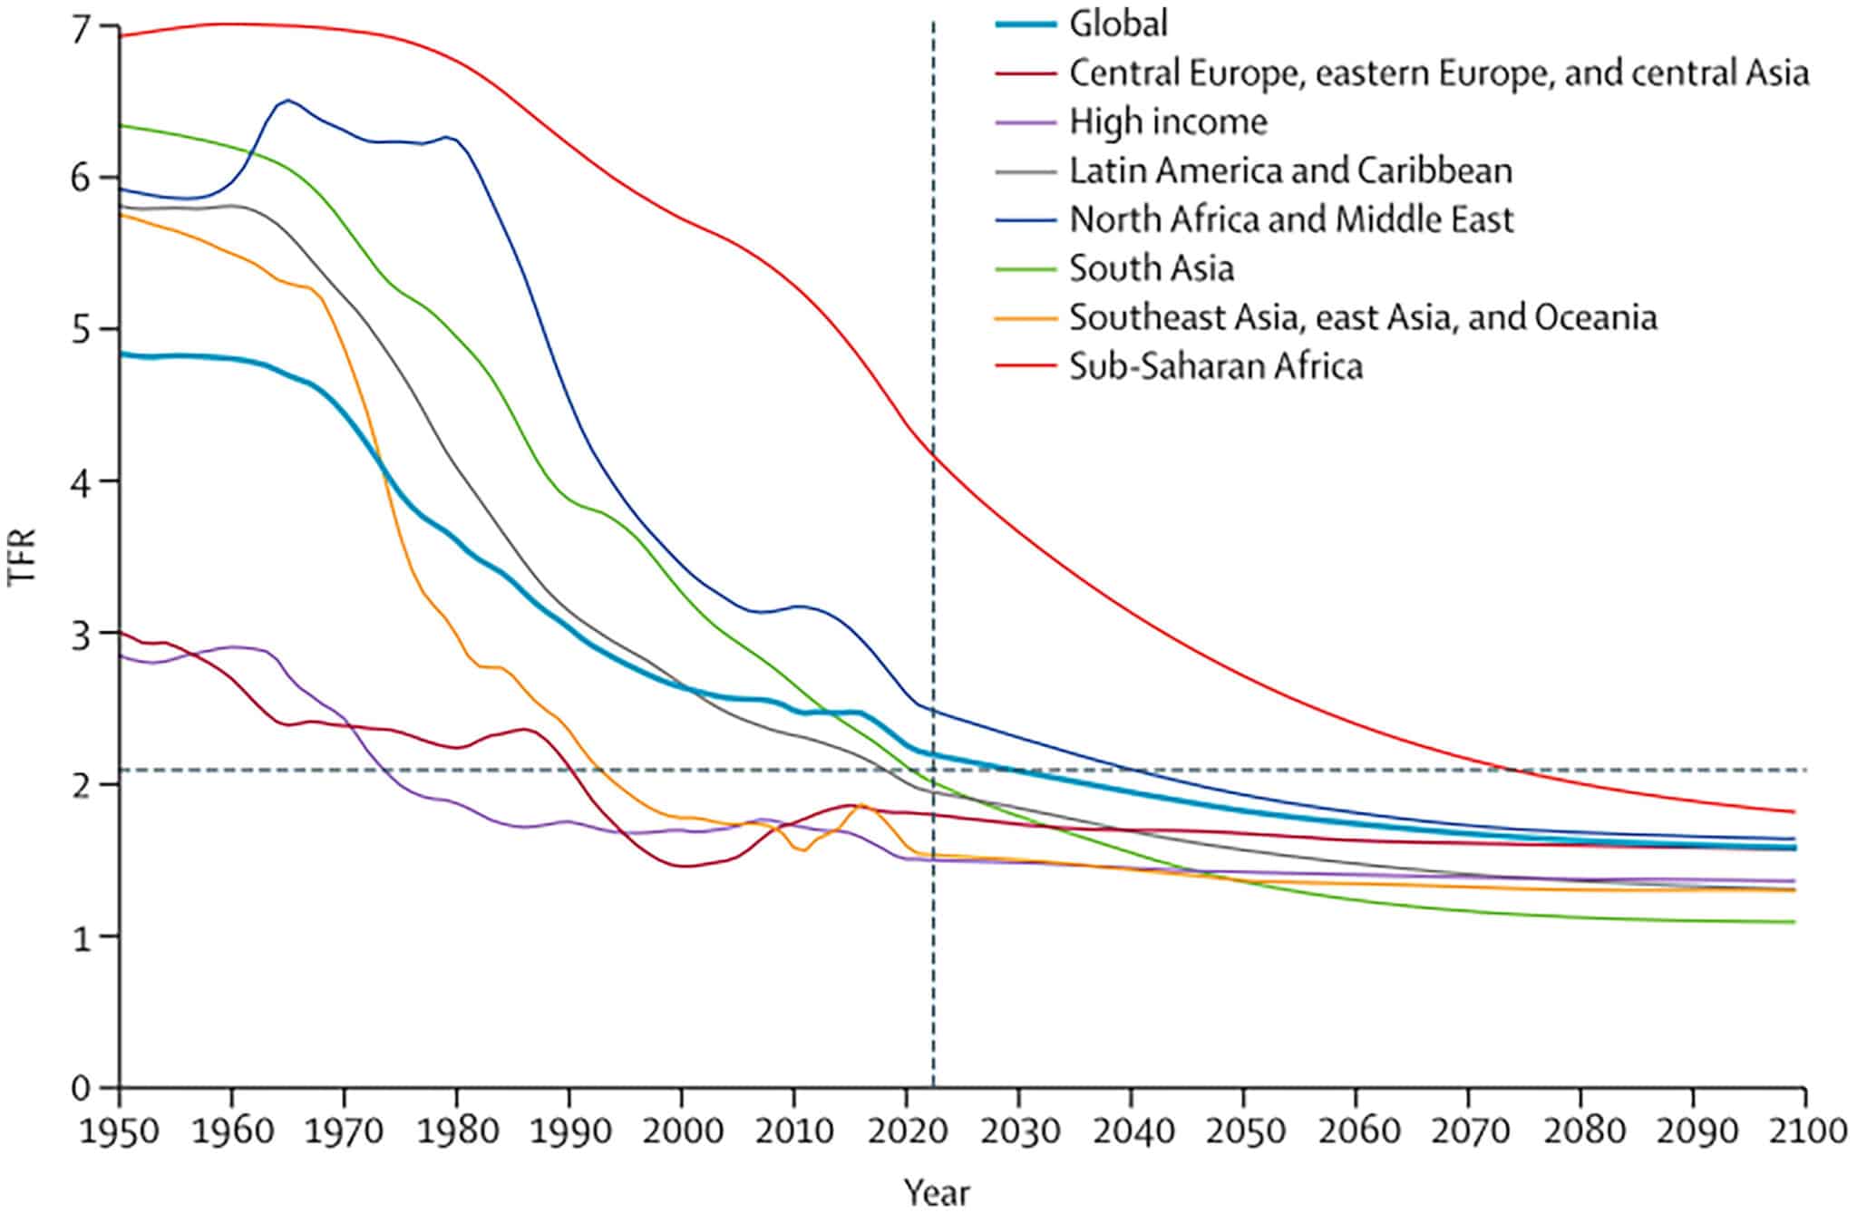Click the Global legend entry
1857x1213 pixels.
[x=1118, y=24]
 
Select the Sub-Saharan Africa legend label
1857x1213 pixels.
[x=1216, y=366]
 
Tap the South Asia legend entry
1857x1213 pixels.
[x=1152, y=268]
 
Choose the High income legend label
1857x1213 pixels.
[x=1168, y=121]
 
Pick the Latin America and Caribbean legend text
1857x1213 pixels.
[x=1290, y=170]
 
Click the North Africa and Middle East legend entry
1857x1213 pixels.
[x=1291, y=219]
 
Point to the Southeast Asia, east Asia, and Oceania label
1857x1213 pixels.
[x=1363, y=317]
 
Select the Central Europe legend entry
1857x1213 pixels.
[x=1439, y=73]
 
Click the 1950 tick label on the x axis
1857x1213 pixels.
[x=120, y=1132]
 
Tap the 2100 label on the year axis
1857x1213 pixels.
[x=1805, y=1132]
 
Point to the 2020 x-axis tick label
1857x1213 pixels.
[x=907, y=1132]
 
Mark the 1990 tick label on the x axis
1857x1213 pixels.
[x=569, y=1132]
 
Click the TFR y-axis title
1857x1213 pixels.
[x=22, y=557]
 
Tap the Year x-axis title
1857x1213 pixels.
[x=937, y=1192]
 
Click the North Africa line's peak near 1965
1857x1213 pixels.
[x=287, y=100]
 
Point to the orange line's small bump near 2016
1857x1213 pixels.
[x=861, y=805]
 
